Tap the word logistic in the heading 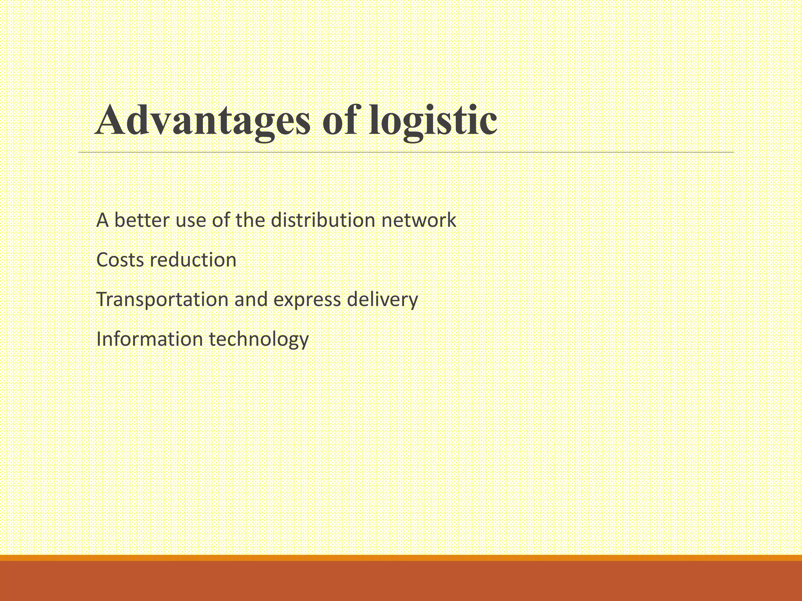tap(433, 121)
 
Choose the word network tap(419, 220)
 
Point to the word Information tap(149, 339)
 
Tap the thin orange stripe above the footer tap(401, 558)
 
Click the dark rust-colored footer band tap(401, 581)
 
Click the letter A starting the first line tap(102, 220)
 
